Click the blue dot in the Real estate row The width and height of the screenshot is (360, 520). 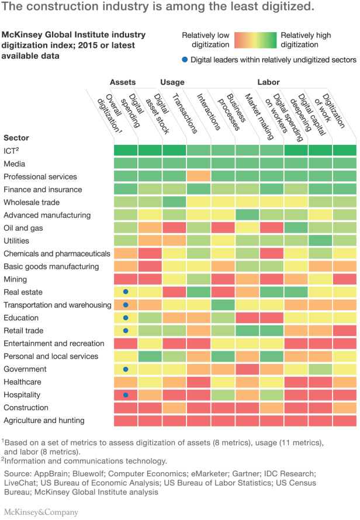(x=126, y=292)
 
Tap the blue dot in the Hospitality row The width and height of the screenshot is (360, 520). (x=126, y=395)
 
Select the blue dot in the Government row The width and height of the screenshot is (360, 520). (x=126, y=369)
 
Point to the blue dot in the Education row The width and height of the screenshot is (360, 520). (x=126, y=318)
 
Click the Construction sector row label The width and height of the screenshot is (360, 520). (x=26, y=408)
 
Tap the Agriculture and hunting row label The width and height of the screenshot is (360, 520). (x=44, y=421)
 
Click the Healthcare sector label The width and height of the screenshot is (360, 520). (x=22, y=382)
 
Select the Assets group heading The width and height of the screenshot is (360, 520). (x=123, y=82)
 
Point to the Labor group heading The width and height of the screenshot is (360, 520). (x=268, y=82)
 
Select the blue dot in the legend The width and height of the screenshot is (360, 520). (x=185, y=60)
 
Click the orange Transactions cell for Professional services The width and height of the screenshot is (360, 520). (x=199, y=176)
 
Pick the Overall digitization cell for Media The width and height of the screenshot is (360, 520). (x=126, y=164)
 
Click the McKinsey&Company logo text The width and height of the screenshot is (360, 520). (x=40, y=512)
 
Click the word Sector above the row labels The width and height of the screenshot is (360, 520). (x=16, y=138)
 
